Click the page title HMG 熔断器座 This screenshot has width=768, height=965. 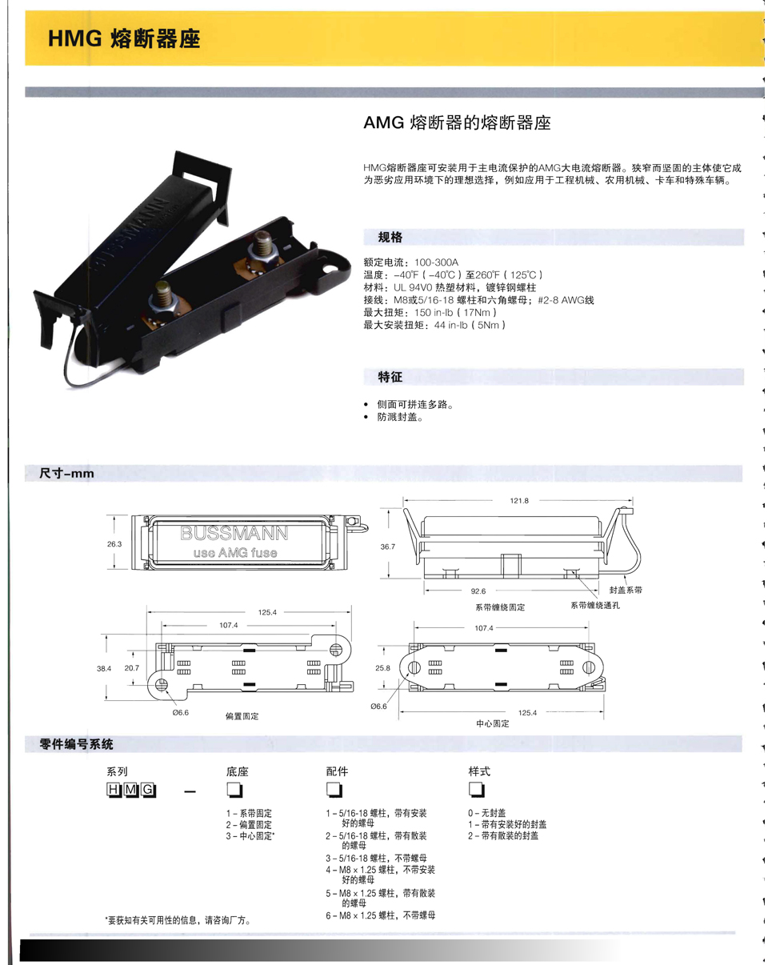124,38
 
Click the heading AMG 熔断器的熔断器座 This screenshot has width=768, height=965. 457,122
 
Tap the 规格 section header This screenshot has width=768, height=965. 390,237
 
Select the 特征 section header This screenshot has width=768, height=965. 390,377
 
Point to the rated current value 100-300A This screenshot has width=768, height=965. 436,262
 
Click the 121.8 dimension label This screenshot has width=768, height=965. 519,500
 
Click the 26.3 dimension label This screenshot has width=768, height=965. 114,544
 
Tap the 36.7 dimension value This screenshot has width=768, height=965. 388,547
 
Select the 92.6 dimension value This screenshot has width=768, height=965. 478,591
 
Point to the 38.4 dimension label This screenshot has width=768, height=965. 103,669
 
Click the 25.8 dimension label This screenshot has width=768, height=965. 382,667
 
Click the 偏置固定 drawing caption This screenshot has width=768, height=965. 242,716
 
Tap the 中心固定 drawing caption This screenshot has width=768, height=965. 493,723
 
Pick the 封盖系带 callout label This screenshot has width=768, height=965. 626,590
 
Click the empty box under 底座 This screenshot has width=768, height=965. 234,790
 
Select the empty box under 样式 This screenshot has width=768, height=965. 477,789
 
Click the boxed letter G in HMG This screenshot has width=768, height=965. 148,790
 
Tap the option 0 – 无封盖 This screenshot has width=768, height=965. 487,812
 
